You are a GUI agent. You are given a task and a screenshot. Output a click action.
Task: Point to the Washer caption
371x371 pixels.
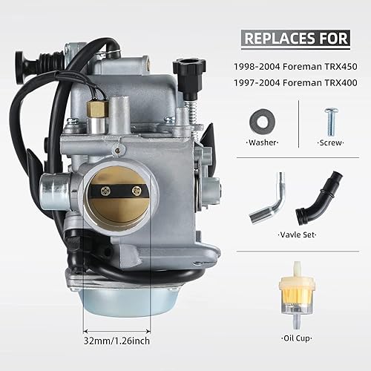pos(261,141)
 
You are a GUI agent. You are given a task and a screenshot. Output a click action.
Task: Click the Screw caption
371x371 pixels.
pos(329,141)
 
